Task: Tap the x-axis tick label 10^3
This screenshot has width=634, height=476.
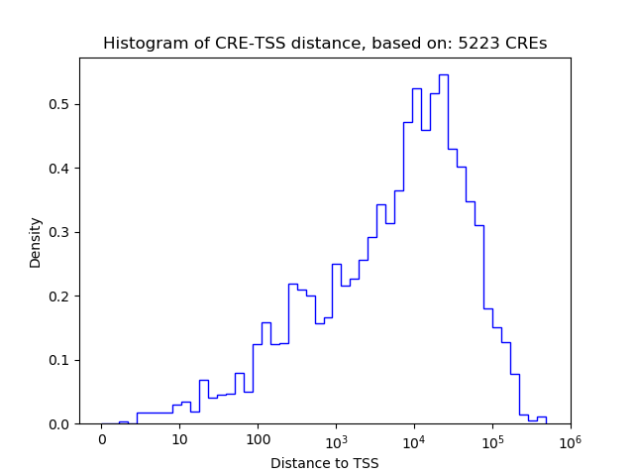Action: coord(336,439)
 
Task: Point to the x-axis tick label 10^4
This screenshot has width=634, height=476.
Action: coord(414,439)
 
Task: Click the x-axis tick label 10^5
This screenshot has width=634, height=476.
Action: coord(492,439)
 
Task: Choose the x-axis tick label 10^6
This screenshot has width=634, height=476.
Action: coord(570,439)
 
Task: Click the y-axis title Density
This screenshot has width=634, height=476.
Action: coord(36,242)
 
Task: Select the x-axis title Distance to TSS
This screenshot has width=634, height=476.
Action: coord(325,462)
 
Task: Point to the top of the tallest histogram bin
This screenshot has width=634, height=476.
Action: coord(443,74)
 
